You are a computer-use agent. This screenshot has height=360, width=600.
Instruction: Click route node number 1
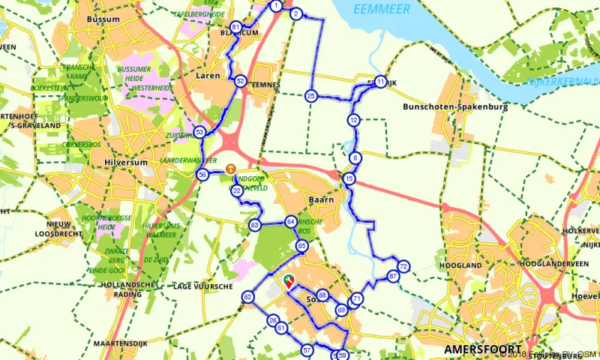(x=276, y=6)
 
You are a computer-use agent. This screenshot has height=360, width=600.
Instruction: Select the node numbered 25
(x=310, y=95)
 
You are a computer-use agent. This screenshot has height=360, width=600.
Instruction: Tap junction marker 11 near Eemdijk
(x=381, y=82)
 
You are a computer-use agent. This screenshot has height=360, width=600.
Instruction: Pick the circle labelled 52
(x=240, y=80)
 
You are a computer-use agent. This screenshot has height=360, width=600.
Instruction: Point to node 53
(x=199, y=132)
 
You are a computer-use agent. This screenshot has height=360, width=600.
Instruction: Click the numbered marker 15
(x=349, y=178)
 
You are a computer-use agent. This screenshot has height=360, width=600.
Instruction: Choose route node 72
(x=403, y=266)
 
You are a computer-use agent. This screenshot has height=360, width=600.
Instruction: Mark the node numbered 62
(x=247, y=298)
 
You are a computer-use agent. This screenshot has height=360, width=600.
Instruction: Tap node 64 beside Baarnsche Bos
(x=290, y=222)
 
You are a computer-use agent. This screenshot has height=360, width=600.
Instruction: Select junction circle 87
(x=393, y=277)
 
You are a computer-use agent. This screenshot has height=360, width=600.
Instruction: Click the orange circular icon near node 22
(x=231, y=169)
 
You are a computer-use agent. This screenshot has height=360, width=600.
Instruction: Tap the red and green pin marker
(x=287, y=282)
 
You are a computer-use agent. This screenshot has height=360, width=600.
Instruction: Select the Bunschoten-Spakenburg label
(x=455, y=107)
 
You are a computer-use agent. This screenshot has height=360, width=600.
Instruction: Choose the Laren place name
(x=208, y=75)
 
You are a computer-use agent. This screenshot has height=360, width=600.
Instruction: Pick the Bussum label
(x=103, y=18)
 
